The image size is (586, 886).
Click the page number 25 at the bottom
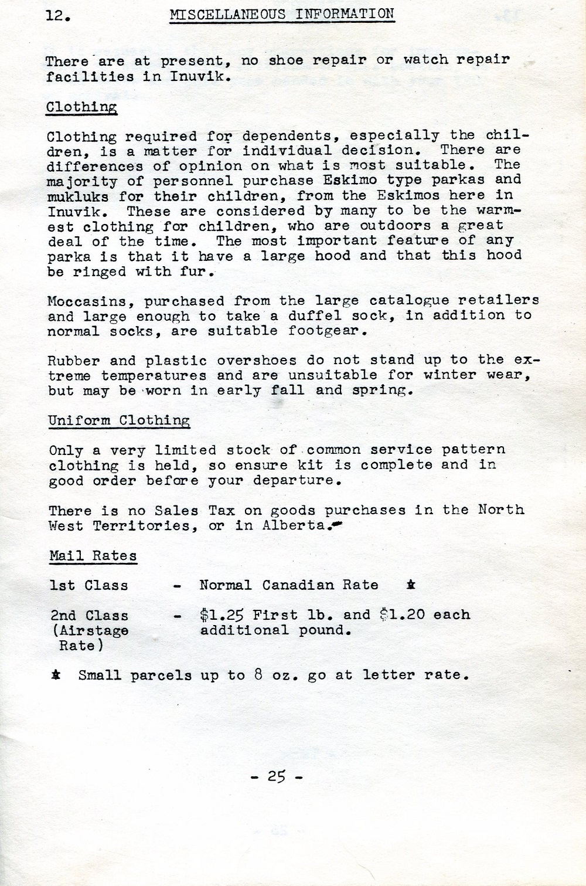click(x=277, y=776)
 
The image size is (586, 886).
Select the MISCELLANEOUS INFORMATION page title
click(x=282, y=13)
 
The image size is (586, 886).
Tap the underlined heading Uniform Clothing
click(x=119, y=420)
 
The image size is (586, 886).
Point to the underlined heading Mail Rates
click(x=93, y=555)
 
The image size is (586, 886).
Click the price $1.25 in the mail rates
click(x=222, y=615)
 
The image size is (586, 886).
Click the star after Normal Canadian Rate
click(x=411, y=585)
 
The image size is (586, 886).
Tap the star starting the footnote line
click(x=56, y=675)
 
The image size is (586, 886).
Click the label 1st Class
click(x=88, y=585)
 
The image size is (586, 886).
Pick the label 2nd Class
click(x=89, y=616)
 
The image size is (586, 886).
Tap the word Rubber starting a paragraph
click(x=74, y=361)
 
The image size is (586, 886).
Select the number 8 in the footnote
click(x=258, y=674)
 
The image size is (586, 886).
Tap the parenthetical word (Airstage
click(x=90, y=630)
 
